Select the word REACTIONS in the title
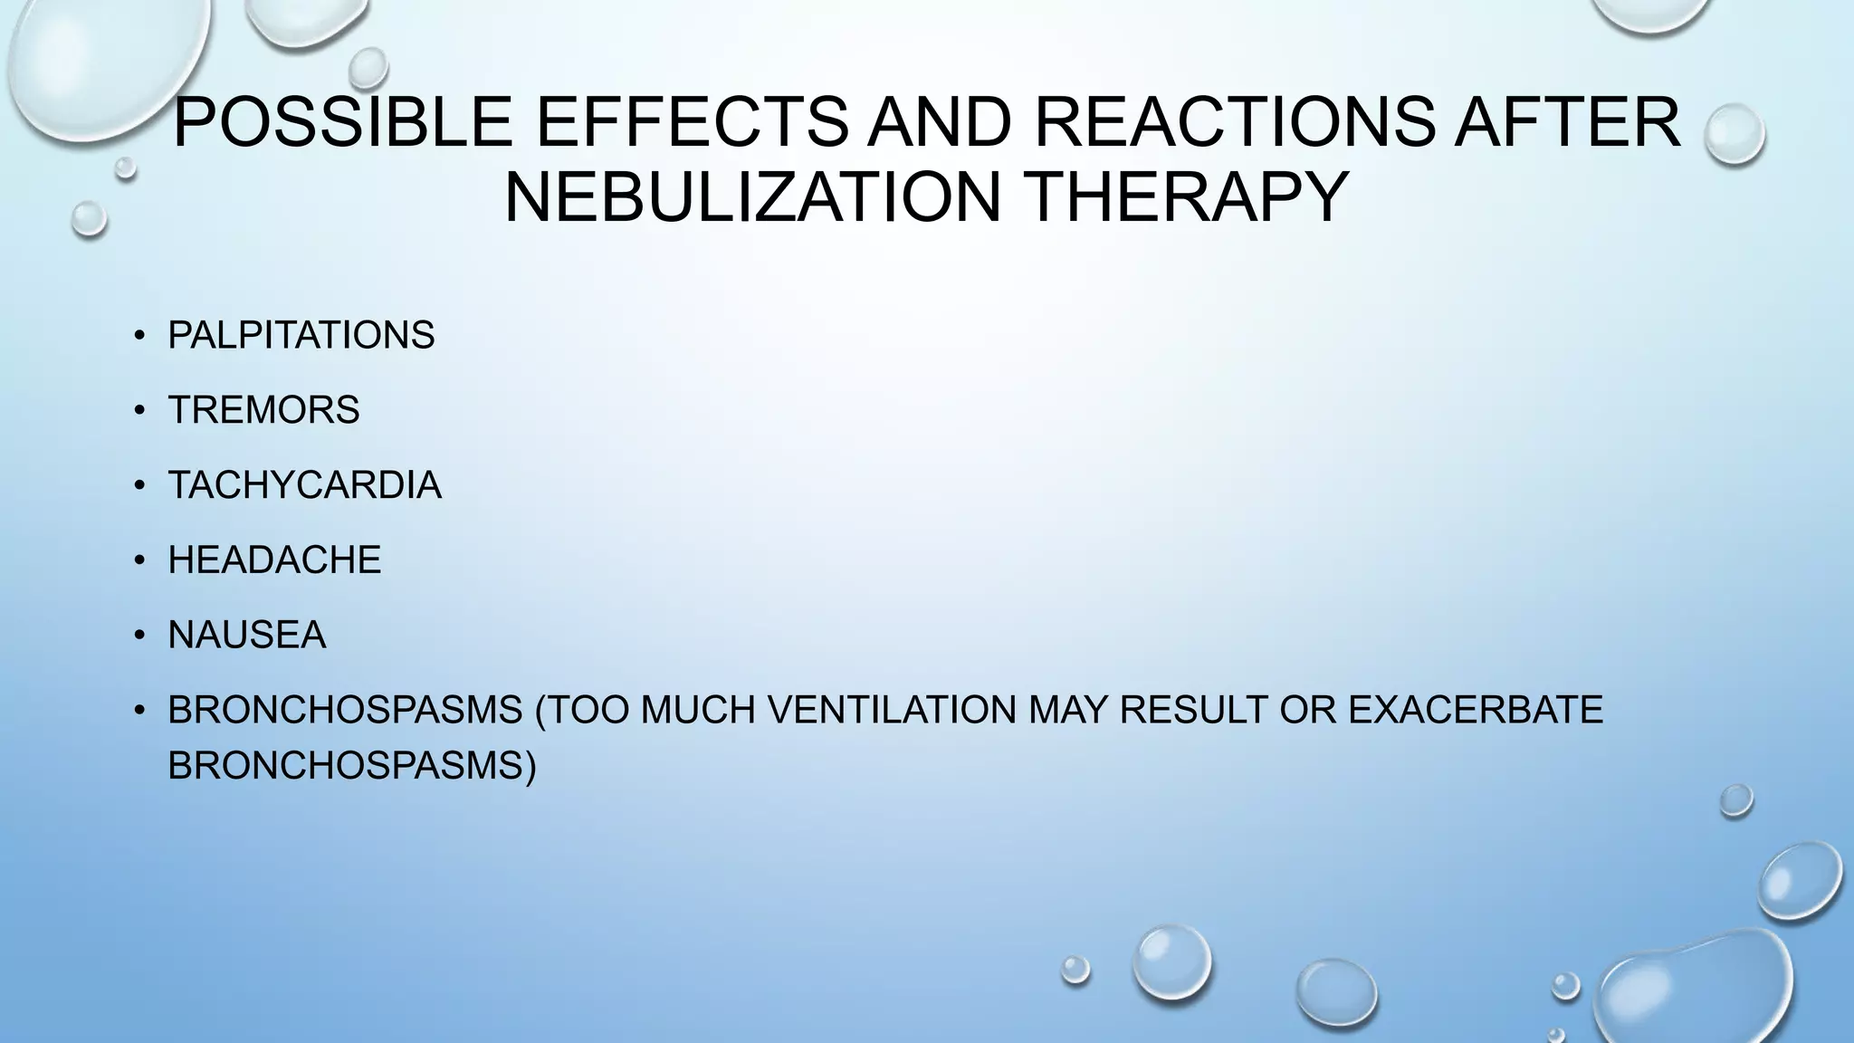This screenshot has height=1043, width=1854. [x=1233, y=122]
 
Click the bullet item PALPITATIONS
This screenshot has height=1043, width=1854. [x=301, y=336]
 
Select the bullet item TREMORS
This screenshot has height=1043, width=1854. [x=263, y=410]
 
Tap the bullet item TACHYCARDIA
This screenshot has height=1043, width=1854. [x=304, y=485]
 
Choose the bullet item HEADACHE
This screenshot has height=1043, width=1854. [x=274, y=560]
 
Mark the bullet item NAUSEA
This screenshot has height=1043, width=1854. [x=246, y=636]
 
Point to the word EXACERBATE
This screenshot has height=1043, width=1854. [x=1475, y=710]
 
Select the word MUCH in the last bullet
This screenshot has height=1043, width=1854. [x=697, y=710]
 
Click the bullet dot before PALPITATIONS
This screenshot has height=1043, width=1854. [x=139, y=337]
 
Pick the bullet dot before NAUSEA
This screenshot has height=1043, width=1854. [x=139, y=636]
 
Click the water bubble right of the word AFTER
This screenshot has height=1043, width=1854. [x=1734, y=134]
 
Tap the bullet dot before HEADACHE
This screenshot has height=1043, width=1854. [x=139, y=561]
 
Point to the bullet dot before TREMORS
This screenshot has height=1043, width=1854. [x=139, y=411]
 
